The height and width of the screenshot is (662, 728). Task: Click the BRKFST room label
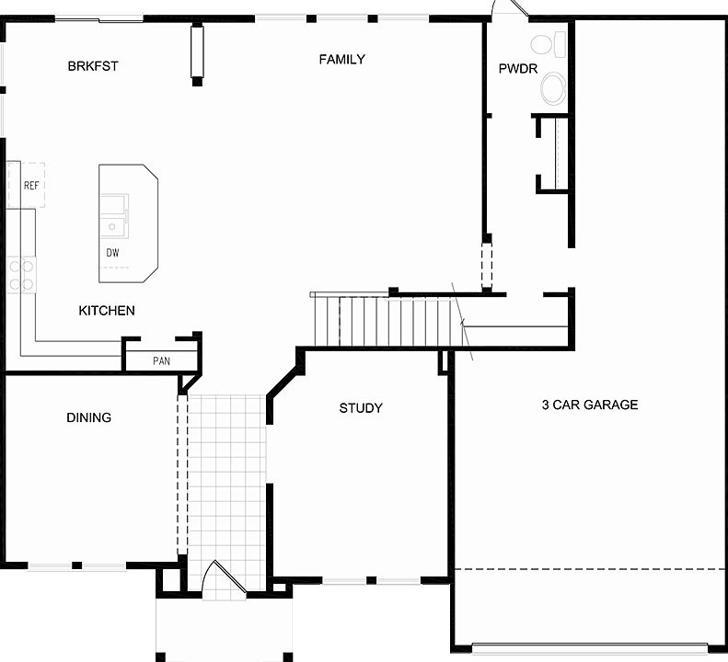[x=93, y=66]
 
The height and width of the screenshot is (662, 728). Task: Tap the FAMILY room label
[x=342, y=60]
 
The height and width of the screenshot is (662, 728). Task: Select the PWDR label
[x=517, y=68]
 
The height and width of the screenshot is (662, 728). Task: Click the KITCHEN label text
[x=107, y=311]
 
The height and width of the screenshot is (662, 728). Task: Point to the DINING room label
[x=89, y=417]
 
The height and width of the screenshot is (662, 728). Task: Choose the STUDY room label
[x=361, y=408]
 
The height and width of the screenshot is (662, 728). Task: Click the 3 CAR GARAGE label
[x=589, y=405]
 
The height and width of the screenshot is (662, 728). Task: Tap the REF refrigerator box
[x=29, y=186]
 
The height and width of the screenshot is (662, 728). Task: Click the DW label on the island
[x=112, y=252]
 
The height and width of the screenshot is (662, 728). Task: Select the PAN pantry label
[x=161, y=361]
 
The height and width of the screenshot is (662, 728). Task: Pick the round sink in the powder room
[x=553, y=88]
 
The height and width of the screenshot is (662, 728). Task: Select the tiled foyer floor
[x=226, y=478]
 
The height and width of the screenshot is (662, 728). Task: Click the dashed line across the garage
[x=589, y=569]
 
